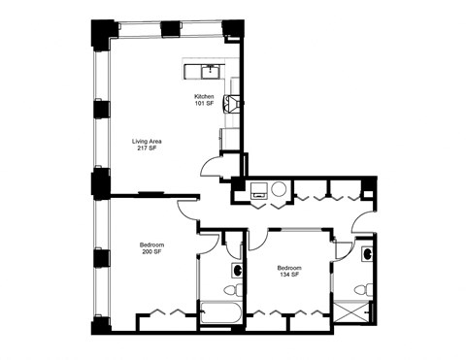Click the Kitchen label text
[x=204, y=96]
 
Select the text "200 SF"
[x=150, y=251]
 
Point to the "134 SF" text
[x=288, y=274]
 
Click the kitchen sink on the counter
[x=208, y=70]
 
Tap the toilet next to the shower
[x=361, y=287]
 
